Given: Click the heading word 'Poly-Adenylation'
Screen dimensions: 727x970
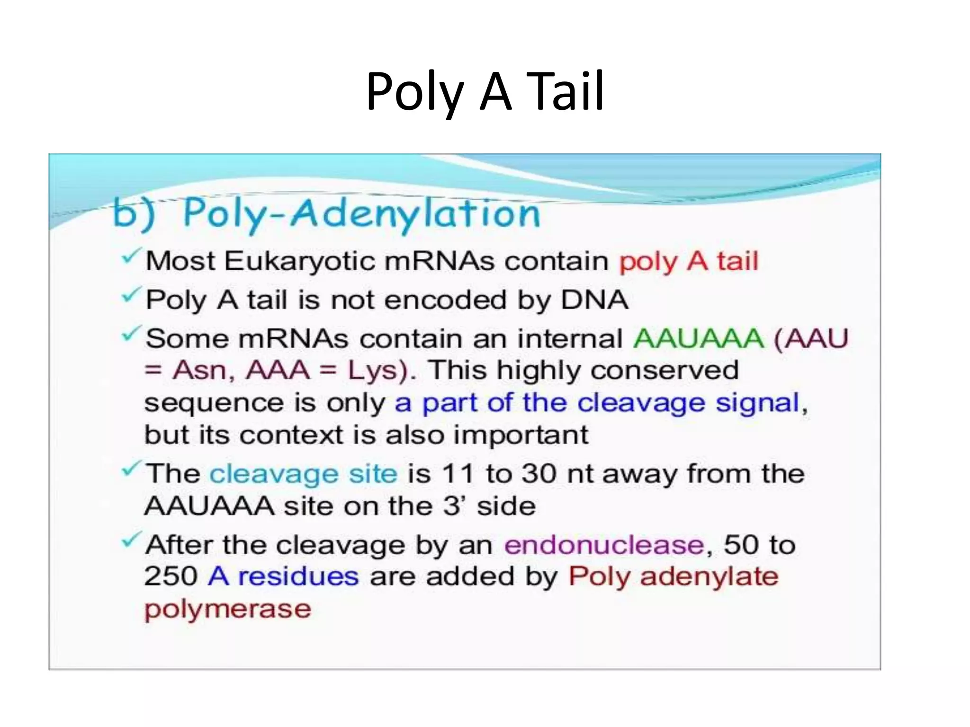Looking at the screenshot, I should tap(361, 214).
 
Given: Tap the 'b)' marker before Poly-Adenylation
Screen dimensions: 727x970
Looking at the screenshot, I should tap(134, 214).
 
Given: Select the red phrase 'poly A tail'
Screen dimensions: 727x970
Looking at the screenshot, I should tap(689, 261).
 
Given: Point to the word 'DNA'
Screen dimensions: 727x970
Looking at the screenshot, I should tap(594, 300).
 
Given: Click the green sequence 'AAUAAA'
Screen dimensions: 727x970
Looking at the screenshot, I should tap(698, 339).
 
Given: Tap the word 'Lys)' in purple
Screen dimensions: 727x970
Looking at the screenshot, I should tap(382, 371).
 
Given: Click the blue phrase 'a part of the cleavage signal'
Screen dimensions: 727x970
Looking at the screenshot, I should tap(597, 403).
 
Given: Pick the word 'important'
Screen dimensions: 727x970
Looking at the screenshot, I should tap(521, 434).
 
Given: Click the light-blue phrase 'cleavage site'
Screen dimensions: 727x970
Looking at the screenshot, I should tap(303, 474).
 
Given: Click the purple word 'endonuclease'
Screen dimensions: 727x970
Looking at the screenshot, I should tap(604, 545).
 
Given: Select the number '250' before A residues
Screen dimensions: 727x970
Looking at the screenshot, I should tap(171, 576).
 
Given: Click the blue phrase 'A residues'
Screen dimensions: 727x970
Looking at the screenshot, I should tap(283, 576).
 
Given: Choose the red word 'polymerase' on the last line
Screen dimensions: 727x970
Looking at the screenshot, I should tap(228, 609).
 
